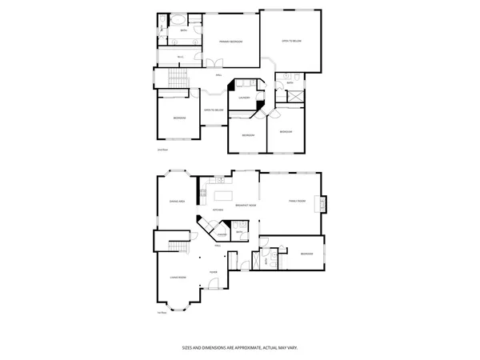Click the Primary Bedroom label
click(231, 41)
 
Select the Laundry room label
click(244, 98)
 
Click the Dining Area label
click(177, 201)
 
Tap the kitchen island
click(223, 195)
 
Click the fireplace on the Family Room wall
click(323, 204)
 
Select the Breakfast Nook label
click(246, 206)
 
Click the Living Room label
click(178, 277)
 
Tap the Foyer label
click(214, 272)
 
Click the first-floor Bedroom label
click(306, 254)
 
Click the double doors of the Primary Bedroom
click(213, 63)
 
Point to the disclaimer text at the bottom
click(239, 348)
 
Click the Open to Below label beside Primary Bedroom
click(291, 40)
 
